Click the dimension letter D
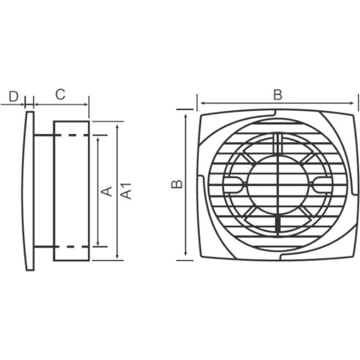tap(13, 96)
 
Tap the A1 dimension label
tap(126, 191)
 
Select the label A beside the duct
tap(107, 192)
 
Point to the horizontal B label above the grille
tap(278, 95)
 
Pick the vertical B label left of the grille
tap(177, 184)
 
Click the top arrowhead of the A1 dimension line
tap(118, 127)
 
